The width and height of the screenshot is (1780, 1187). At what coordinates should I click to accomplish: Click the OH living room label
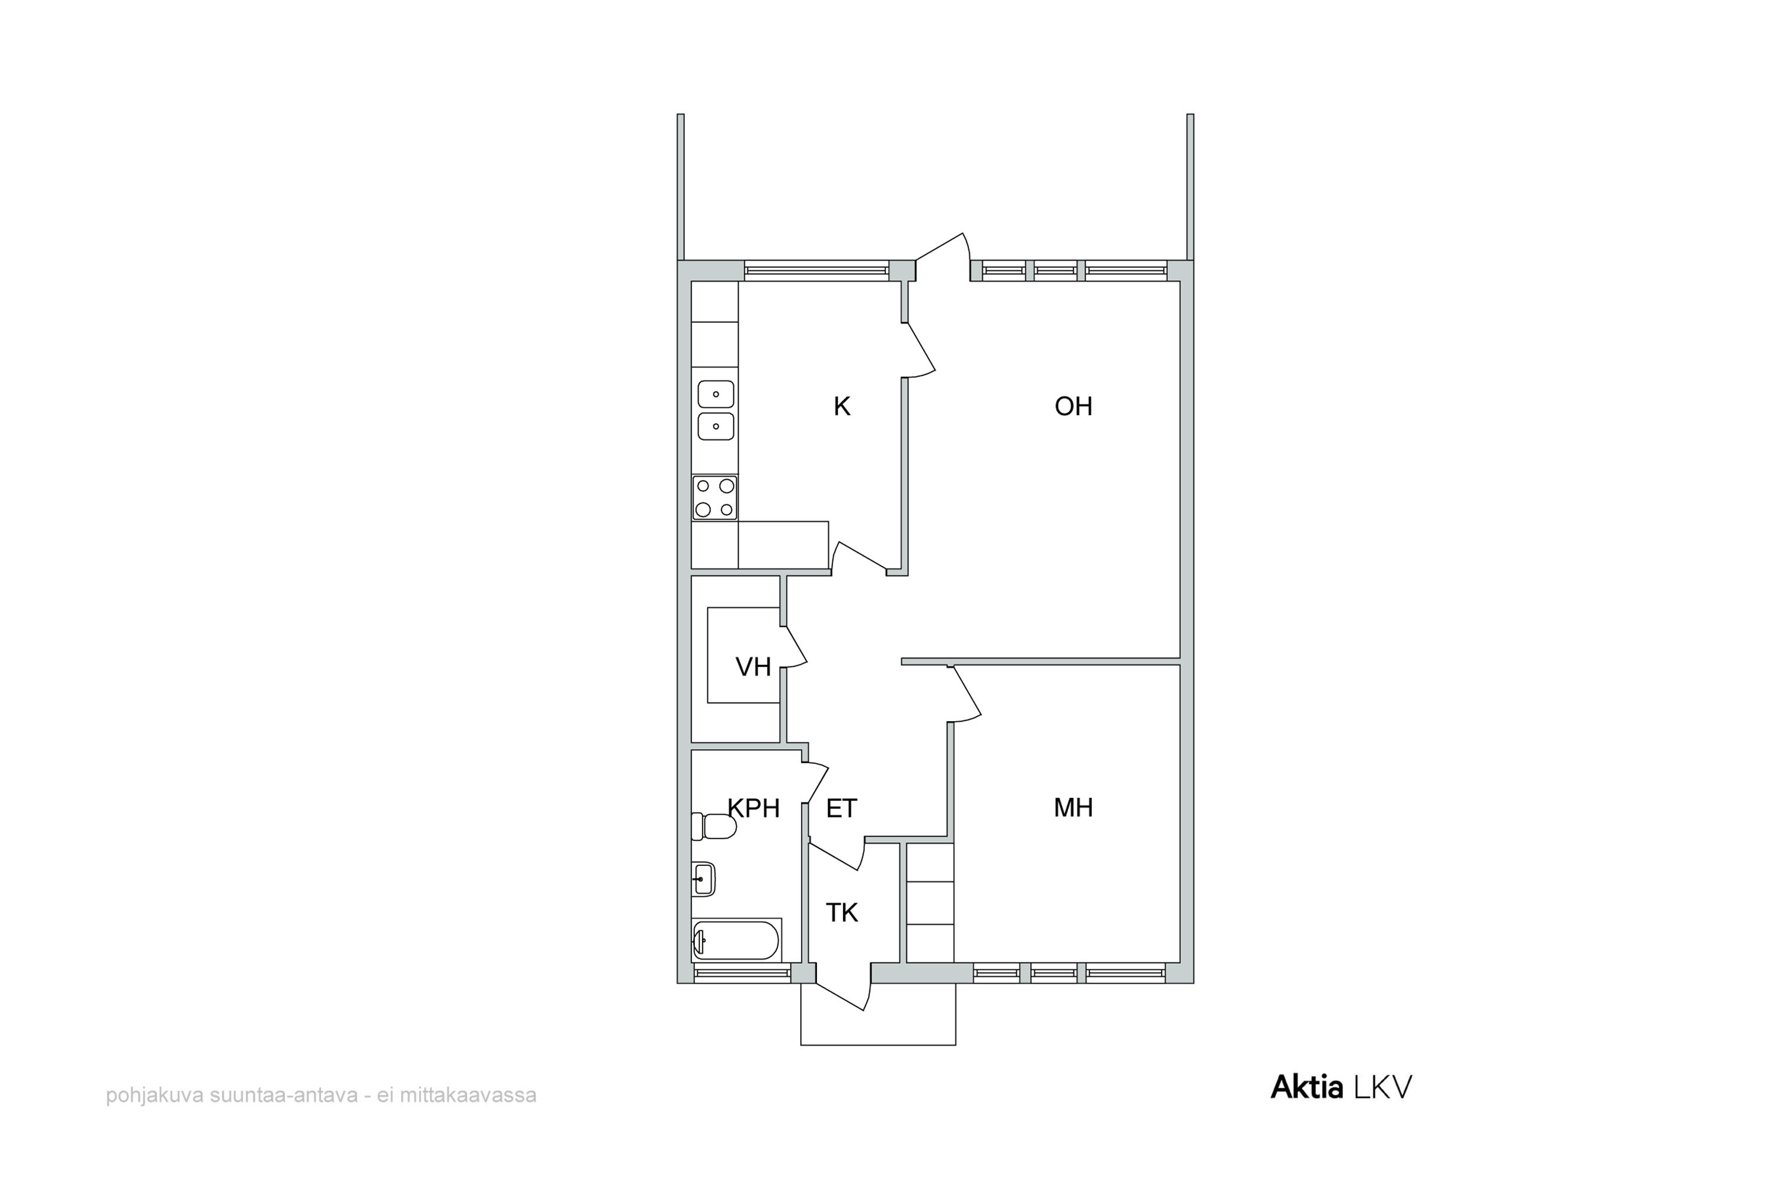point(1073,407)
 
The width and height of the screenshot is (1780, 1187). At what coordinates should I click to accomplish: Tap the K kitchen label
point(841,407)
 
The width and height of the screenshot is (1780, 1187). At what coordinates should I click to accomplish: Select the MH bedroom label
point(1073,808)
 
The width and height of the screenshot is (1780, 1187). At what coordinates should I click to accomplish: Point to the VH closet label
point(753,667)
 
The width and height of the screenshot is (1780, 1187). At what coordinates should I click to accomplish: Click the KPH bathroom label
point(754,808)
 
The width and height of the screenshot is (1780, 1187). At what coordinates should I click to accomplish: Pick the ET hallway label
point(841,808)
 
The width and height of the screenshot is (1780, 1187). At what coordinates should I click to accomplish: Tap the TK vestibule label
point(841,913)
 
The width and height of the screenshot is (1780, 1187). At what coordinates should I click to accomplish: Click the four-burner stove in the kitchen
point(714,497)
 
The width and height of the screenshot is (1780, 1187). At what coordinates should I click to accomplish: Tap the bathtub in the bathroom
point(736,940)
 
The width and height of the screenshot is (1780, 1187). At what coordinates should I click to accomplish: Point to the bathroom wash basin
point(703,880)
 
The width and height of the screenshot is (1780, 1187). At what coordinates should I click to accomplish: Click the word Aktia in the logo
point(1307,1088)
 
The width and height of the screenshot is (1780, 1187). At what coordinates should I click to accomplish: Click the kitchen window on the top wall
point(816,270)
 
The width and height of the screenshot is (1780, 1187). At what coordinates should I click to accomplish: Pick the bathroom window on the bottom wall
point(742,973)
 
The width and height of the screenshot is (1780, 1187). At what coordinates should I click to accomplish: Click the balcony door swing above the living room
point(943,256)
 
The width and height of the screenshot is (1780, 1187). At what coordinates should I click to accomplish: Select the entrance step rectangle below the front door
point(878,1014)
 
